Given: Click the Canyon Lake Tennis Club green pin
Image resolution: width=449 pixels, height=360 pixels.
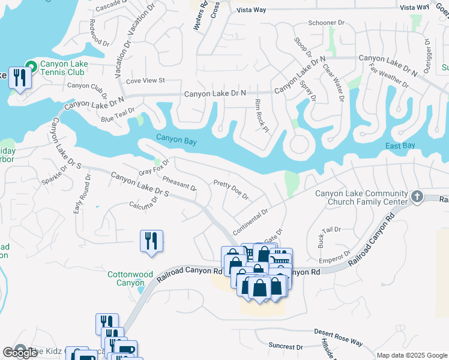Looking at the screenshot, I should pyautogui.click(x=29, y=66).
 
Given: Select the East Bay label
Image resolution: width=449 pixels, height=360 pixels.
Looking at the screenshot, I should pyautogui.click(x=400, y=146).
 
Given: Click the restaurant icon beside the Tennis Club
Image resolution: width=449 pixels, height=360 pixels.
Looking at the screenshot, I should pyautogui.click(x=20, y=78).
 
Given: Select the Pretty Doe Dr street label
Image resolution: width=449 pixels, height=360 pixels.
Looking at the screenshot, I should pyautogui.click(x=231, y=190).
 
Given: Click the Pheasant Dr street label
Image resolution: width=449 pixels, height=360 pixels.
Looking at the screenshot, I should pyautogui.click(x=179, y=182).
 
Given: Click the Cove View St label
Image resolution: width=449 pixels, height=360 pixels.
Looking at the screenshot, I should pyautogui.click(x=145, y=80).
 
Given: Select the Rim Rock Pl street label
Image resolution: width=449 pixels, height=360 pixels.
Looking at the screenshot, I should pyautogui.click(x=260, y=116).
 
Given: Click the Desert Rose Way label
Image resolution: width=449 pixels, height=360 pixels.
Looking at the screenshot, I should pyautogui.click(x=339, y=337).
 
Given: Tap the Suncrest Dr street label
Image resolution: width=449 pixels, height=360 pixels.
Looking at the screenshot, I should pyautogui.click(x=286, y=347).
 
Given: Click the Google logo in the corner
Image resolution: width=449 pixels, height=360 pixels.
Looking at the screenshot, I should pyautogui.click(x=20, y=353).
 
